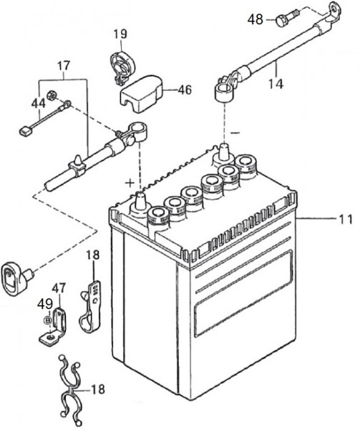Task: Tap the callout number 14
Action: [x=276, y=84]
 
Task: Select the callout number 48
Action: [x=255, y=20]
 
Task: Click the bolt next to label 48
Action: [x=288, y=17]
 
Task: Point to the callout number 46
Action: [x=185, y=90]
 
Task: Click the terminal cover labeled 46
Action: [x=141, y=93]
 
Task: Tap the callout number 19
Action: [x=120, y=34]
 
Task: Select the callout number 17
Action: [x=64, y=66]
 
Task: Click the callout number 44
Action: [x=38, y=104]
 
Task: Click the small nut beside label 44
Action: [x=51, y=95]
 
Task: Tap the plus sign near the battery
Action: [x=130, y=183]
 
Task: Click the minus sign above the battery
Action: [x=235, y=133]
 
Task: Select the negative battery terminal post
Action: [x=224, y=152]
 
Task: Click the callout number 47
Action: [x=59, y=288]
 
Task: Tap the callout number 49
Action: [x=45, y=304]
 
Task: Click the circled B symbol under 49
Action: [x=48, y=320]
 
